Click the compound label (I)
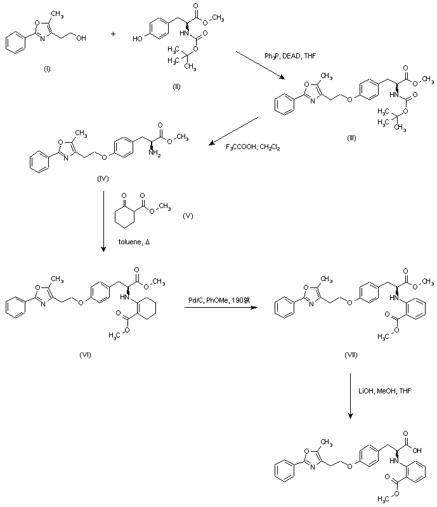coord(46,69)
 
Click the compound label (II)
coord(177,86)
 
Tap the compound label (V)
coord(188,216)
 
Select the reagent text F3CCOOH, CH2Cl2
coord(253,147)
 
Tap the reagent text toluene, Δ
coord(134,242)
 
